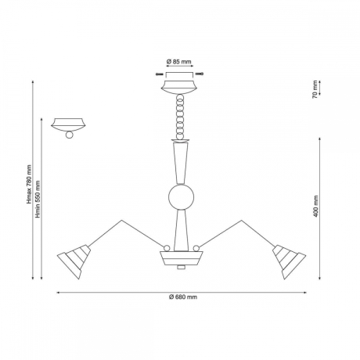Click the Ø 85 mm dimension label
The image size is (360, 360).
178,62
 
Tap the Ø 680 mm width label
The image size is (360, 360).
183,297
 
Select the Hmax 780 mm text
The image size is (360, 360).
29,184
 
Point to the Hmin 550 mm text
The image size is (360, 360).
38,199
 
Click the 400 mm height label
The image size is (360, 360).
316,207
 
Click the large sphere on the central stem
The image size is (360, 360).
182,197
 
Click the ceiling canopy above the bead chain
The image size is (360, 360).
179,88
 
